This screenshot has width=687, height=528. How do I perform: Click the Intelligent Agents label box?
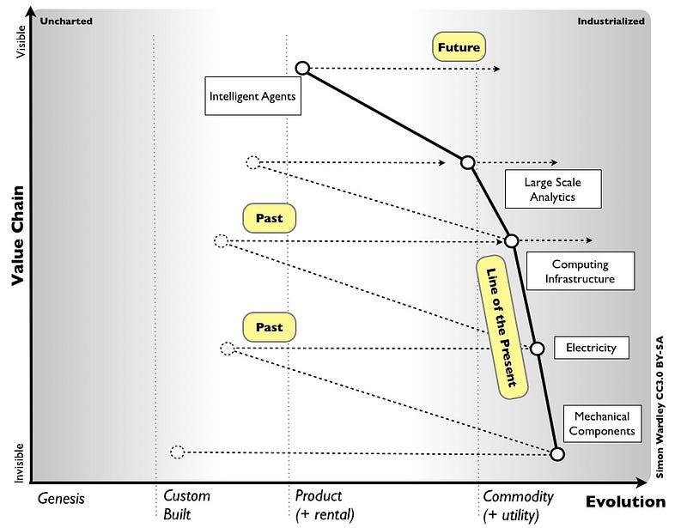pos(252,97)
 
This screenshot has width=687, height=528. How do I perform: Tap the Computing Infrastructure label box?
pos(580,272)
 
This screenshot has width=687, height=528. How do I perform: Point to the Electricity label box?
pos(591,348)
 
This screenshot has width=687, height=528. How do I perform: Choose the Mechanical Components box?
pos(602,424)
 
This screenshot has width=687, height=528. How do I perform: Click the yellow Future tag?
pos(458,47)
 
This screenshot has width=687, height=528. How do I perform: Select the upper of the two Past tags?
pos(269,218)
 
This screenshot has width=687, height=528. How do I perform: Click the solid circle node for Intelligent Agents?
pos(301,68)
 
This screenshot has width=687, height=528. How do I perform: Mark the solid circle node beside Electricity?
pos(538,349)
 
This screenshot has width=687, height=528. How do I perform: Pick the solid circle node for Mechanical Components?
pos(556,454)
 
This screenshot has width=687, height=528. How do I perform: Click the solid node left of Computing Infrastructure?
pos(511,241)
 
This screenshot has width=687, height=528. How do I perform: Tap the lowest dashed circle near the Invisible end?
pos(177,452)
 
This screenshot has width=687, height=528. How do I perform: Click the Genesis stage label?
pos(61,497)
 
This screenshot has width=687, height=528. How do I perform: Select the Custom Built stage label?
pos(186,505)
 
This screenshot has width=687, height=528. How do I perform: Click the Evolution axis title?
pos(625,502)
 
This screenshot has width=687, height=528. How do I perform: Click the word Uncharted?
pos(66,21)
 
